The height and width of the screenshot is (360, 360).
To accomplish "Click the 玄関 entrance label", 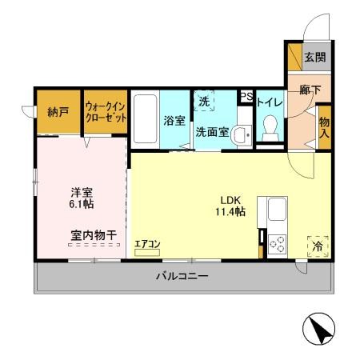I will [x=314, y=58].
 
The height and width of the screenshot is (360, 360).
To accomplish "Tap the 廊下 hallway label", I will [x=310, y=91].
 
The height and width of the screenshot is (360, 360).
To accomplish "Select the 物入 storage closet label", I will [x=324, y=127].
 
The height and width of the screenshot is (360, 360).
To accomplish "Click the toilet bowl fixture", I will [x=270, y=126].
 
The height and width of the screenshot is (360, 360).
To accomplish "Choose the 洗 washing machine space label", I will [x=204, y=102].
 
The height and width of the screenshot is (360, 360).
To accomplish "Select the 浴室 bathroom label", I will [x=174, y=122].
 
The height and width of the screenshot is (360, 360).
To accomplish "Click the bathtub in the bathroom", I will [x=144, y=120].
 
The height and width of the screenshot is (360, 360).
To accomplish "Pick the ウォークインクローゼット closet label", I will [x=105, y=111].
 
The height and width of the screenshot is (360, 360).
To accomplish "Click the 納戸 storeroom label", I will [x=57, y=111].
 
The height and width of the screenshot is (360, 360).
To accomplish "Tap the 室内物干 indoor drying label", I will [x=93, y=234].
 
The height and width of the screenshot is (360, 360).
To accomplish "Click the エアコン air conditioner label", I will [x=148, y=244].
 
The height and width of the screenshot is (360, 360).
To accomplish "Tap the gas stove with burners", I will [x=278, y=243].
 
